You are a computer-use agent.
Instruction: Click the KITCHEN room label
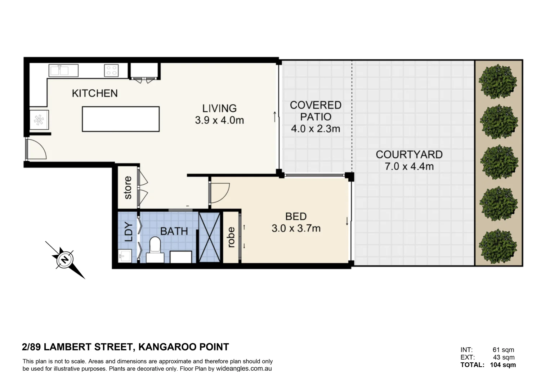click(95, 93)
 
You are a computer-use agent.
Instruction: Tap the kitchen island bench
click(121, 119)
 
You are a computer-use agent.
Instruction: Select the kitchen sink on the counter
click(63, 70)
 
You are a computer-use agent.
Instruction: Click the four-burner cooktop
click(111, 70)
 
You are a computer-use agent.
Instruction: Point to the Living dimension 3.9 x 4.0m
click(219, 120)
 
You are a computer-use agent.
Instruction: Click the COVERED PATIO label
click(316, 111)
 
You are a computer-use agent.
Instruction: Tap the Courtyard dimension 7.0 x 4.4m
click(409, 166)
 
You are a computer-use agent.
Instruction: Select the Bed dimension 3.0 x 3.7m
click(296, 228)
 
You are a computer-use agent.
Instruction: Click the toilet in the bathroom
click(155, 249)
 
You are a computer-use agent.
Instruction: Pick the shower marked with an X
click(209, 237)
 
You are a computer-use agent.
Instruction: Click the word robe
click(231, 237)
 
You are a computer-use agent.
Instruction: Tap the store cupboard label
click(128, 188)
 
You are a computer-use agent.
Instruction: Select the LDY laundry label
click(129, 232)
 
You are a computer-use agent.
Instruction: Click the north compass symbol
click(65, 260)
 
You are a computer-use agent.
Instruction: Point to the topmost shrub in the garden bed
click(498, 81)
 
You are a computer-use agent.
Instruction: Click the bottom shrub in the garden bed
click(498, 246)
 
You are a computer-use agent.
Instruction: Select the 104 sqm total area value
click(503, 365)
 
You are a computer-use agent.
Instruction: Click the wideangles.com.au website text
click(244, 369)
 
